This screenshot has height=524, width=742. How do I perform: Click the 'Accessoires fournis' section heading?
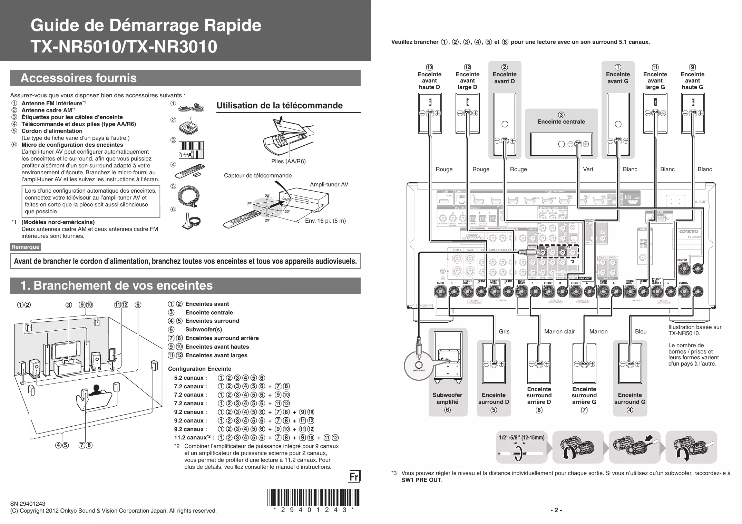point(79,78)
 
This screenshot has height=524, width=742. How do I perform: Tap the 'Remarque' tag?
point(25,247)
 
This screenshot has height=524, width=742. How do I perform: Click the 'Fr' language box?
point(354,477)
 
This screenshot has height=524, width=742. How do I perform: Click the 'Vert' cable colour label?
point(588,169)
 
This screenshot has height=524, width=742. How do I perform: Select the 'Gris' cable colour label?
point(504,331)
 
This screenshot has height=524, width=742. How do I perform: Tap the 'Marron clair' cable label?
point(559,331)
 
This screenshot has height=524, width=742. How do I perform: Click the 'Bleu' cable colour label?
point(641,331)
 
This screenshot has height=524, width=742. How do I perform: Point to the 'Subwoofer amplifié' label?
point(447,398)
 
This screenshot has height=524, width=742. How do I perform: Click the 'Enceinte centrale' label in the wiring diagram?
point(561,122)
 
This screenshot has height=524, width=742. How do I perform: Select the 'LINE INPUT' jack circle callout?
point(419,366)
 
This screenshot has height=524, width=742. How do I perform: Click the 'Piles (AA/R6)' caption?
point(289,161)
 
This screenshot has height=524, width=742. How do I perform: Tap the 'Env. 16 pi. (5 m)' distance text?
point(325,221)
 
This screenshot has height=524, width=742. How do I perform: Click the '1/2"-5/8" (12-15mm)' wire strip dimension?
point(521,438)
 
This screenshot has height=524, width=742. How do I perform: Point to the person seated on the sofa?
point(95,391)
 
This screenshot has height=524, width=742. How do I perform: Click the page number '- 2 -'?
point(556,510)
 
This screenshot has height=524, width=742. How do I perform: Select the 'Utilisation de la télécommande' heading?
point(280,106)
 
